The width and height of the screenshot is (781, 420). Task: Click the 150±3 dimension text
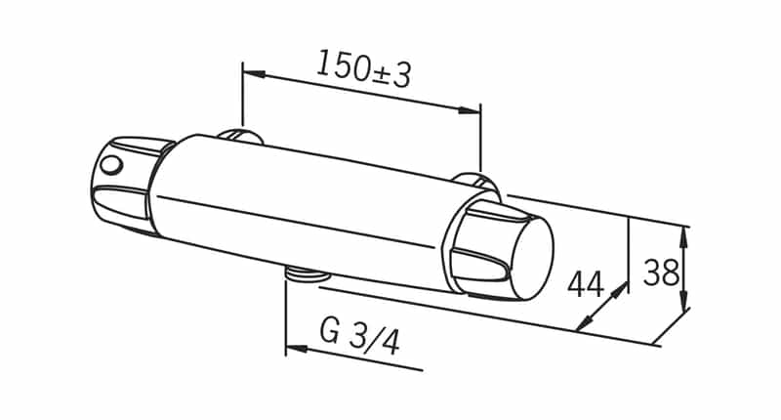[x=363, y=69]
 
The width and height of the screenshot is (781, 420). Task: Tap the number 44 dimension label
[x=585, y=285]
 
